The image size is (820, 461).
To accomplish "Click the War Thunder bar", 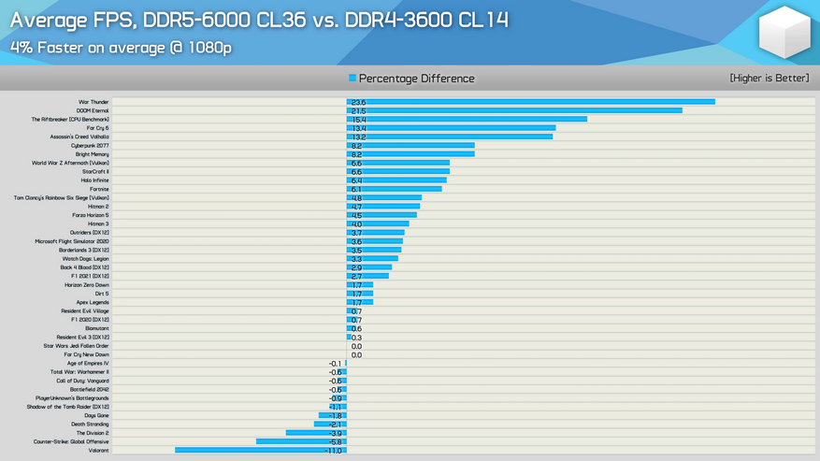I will tap(530, 102).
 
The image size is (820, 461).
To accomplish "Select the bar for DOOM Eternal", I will tap(514, 110).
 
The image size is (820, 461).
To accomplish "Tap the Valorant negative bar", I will tap(260, 451).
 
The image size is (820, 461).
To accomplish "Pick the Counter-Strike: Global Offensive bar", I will tap(301, 442).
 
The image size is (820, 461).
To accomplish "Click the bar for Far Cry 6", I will tap(451, 128).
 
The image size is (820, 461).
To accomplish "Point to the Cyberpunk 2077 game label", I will tap(90, 146).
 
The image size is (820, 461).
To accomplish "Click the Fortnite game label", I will tap(99, 189).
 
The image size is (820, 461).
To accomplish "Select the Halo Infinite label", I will tap(94, 180).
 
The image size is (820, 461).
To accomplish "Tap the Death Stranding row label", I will tap(89, 425).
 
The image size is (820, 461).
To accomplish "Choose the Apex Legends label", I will tap(93, 303).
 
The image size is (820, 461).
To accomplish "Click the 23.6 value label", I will tap(358, 102).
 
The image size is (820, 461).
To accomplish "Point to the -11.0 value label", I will tap(333, 451).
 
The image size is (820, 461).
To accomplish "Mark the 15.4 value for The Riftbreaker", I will tap(358, 120).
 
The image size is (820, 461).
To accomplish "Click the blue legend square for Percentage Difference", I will tap(352, 79).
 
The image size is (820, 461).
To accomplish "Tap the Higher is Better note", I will tap(769, 79).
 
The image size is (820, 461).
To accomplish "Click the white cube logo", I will tap(784, 33).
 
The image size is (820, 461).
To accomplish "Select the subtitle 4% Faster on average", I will tap(121, 47).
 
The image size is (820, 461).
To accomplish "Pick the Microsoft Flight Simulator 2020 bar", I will tap(374, 242).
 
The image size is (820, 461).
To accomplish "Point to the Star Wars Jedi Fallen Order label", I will tap(76, 346).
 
